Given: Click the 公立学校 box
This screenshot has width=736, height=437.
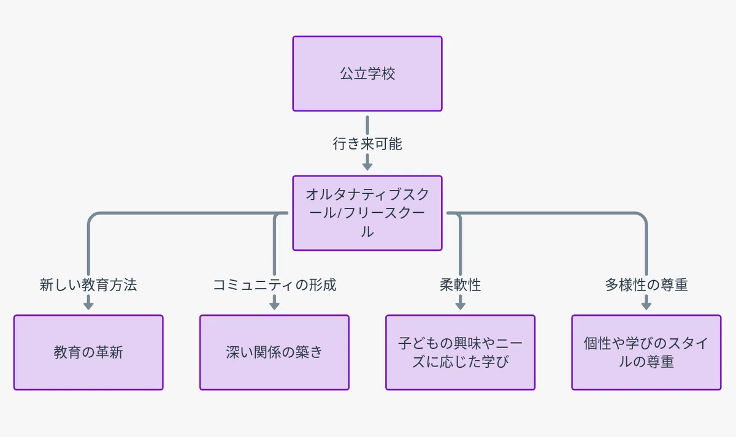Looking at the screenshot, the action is pyautogui.click(x=367, y=74).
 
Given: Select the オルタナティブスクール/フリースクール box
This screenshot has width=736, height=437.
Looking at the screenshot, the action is pyautogui.click(x=367, y=213).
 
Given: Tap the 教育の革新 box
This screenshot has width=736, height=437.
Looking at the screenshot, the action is pyautogui.click(x=88, y=352).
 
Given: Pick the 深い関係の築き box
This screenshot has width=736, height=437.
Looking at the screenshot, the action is pyautogui.click(x=274, y=352).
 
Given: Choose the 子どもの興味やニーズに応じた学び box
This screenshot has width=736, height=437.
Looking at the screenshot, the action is pyautogui.click(x=461, y=352).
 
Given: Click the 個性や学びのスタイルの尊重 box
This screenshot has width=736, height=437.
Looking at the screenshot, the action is pyautogui.click(x=646, y=352).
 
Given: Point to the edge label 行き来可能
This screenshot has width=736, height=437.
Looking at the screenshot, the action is pyautogui.click(x=367, y=144).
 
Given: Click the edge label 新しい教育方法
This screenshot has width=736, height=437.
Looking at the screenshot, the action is pyautogui.click(x=88, y=284).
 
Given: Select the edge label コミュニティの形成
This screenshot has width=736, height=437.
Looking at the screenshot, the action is pyautogui.click(x=274, y=284).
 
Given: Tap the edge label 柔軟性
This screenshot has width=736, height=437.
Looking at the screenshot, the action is pyautogui.click(x=461, y=284).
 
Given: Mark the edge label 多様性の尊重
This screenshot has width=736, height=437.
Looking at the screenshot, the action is pyautogui.click(x=646, y=284).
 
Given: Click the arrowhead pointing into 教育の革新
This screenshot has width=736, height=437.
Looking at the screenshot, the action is pyautogui.click(x=88, y=306).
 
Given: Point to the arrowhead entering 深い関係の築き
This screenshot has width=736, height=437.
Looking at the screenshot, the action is pyautogui.click(x=274, y=306).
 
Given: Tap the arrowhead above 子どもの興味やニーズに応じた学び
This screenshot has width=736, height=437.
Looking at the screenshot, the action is pyautogui.click(x=461, y=306).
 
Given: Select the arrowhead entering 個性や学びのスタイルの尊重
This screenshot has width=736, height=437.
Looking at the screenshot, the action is pyautogui.click(x=646, y=306).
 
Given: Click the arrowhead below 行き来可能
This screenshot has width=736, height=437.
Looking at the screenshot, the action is pyautogui.click(x=367, y=167).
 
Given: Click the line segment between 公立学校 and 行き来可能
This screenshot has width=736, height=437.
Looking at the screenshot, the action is pyautogui.click(x=367, y=125).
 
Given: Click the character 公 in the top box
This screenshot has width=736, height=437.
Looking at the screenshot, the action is pyautogui.click(x=347, y=74).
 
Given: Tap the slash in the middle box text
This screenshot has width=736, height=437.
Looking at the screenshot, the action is pyautogui.click(x=340, y=213).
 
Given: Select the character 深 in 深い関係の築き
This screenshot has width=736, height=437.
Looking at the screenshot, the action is pyautogui.click(x=232, y=352).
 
